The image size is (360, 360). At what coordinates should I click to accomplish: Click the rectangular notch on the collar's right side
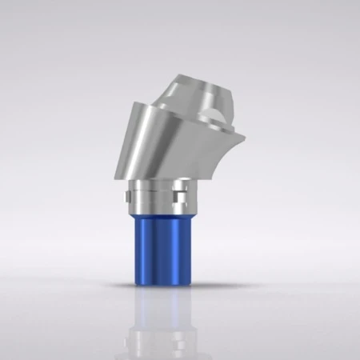click(x=182, y=192)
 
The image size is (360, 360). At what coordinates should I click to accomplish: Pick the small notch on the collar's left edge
click(x=129, y=192)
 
